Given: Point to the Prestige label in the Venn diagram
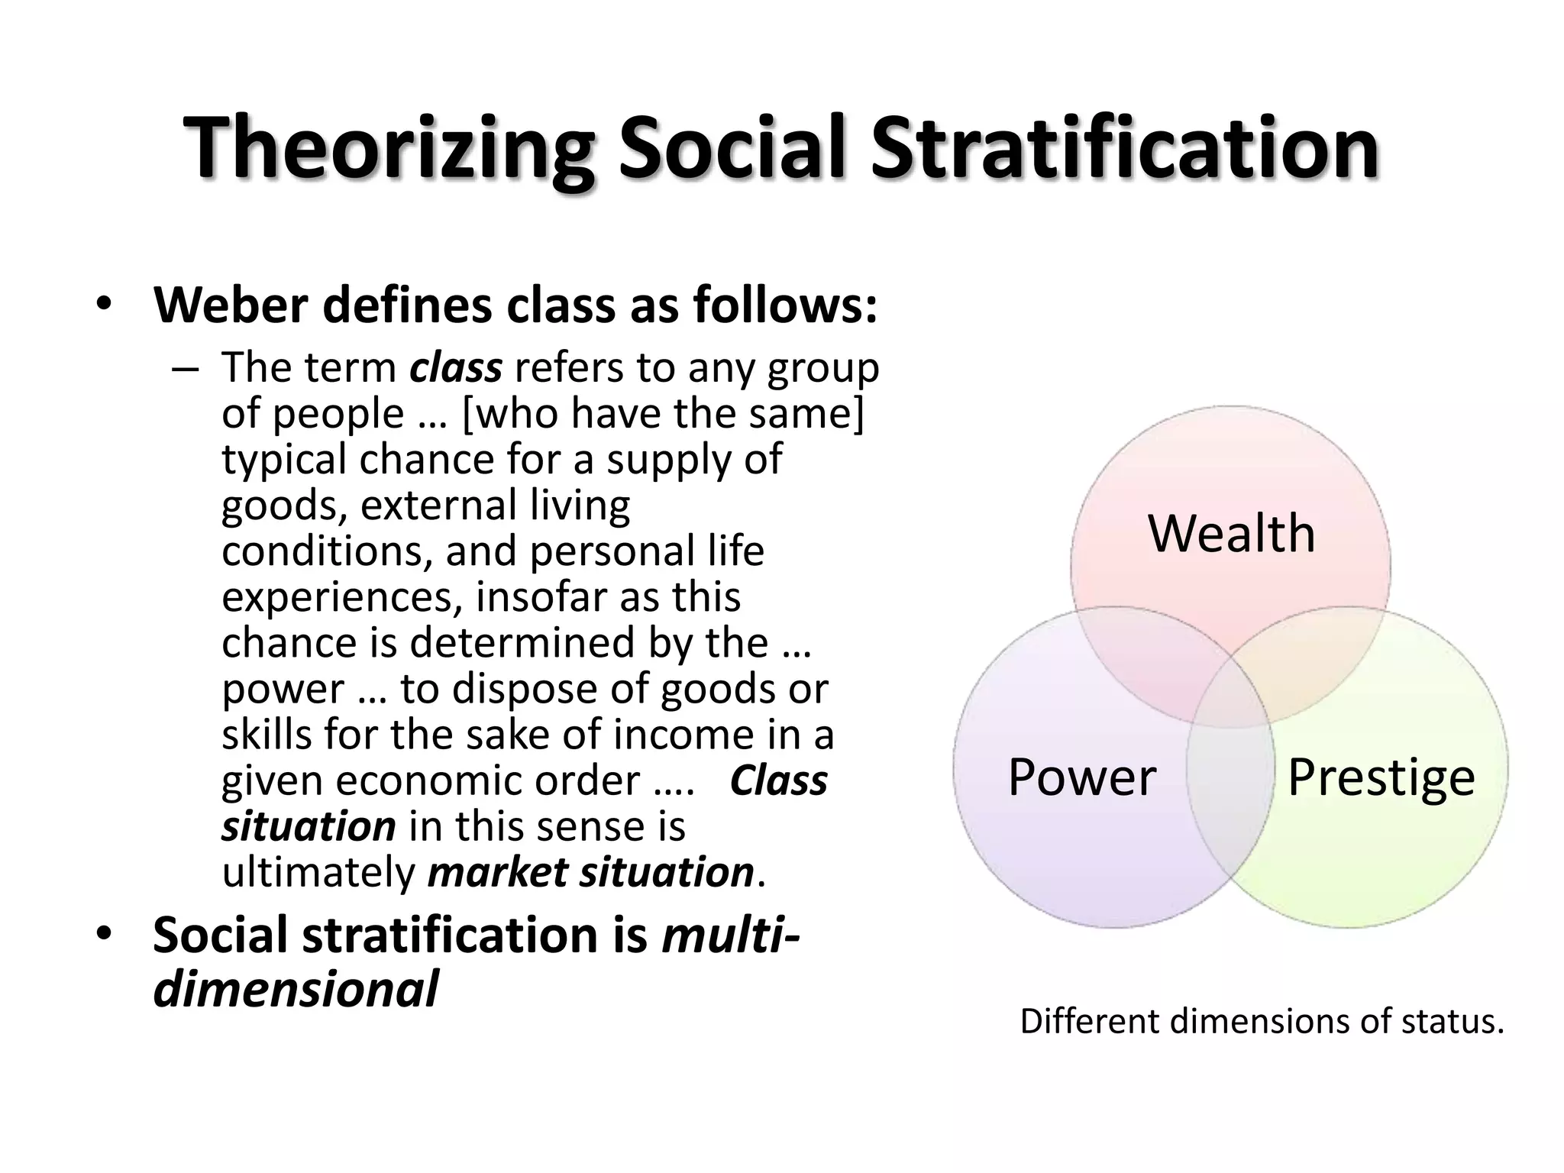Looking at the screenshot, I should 1381,777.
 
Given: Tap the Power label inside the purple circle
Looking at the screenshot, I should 1081,777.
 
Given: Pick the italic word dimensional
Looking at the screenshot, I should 296,989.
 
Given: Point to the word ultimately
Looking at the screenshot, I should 318,872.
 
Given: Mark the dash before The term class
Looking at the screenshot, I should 185,369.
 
